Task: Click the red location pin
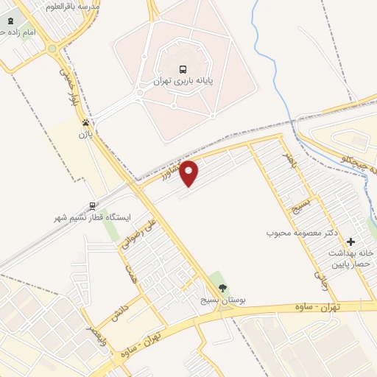point(189,173)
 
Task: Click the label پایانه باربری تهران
point(183,81)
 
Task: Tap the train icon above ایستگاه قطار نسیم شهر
point(92,206)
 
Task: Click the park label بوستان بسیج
point(224,300)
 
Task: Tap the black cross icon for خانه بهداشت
point(350,241)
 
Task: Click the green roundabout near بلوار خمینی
point(52,49)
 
